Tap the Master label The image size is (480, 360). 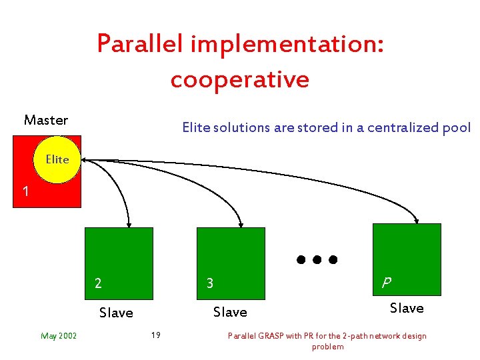click(x=46, y=120)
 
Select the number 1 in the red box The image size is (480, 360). click(x=25, y=192)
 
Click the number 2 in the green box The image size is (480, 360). click(x=98, y=283)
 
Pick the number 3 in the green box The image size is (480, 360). click(x=209, y=283)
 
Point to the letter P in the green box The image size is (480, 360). click(x=385, y=282)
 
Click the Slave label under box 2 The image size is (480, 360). click(x=116, y=312)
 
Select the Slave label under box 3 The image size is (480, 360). click(x=229, y=311)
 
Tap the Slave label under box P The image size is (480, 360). click(x=407, y=307)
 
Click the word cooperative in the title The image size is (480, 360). click(x=240, y=79)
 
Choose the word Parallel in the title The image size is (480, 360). click(x=140, y=43)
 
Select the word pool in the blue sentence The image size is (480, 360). click(x=458, y=127)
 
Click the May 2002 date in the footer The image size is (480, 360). click(x=59, y=335)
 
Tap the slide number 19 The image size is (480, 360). click(x=155, y=335)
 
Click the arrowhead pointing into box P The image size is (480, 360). click(x=417, y=219)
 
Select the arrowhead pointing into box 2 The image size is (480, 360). click(x=129, y=224)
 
